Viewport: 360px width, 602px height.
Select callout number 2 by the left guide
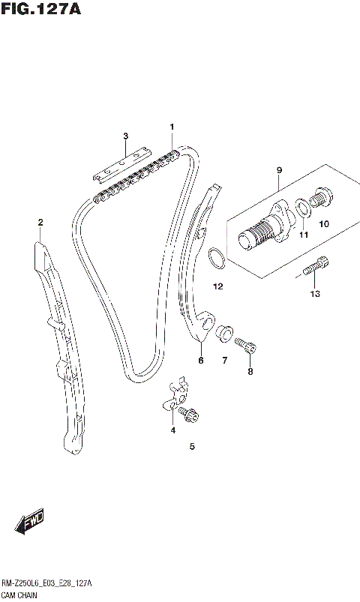40,222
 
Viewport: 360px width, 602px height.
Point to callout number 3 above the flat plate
125,136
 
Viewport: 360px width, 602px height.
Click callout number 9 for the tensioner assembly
278,170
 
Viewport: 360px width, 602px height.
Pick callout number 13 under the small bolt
315,293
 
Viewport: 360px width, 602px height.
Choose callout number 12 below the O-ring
217,286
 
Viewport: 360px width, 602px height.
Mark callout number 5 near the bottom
192,447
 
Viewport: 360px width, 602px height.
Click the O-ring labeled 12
217,259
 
